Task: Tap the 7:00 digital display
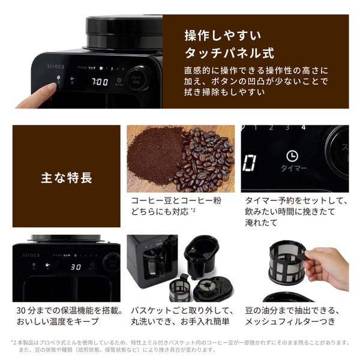[x=100, y=81]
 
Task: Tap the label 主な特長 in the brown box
[x=66, y=178]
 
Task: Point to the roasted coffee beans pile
[x=206, y=157]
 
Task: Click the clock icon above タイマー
[x=291, y=155]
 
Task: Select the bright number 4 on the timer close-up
[x=303, y=128]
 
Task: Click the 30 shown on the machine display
[x=76, y=268]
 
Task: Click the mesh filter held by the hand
[x=286, y=262]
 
